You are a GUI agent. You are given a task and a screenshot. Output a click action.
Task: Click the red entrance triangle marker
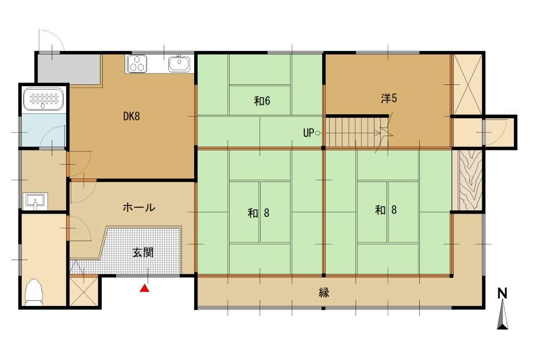click(145, 288)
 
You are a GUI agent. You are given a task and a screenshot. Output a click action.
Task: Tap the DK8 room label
click(132, 117)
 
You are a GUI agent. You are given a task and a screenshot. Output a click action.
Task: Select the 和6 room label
click(262, 100)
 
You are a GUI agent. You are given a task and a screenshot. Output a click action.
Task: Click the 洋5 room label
click(389, 98)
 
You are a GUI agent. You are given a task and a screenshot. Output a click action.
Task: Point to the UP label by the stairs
click(308, 133)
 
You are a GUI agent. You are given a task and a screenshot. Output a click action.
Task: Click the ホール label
click(139, 207)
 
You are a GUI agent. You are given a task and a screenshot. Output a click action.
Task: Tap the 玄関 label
click(143, 253)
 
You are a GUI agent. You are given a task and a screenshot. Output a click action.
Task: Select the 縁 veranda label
click(324, 292)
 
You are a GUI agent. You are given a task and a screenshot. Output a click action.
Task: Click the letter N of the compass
click(502, 293)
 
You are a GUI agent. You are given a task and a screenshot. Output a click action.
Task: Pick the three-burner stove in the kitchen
click(137, 64)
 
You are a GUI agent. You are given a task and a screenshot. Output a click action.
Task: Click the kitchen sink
click(179, 64)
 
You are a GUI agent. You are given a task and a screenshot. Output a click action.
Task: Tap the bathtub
click(44, 99)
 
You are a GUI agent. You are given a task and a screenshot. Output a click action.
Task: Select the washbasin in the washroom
click(35, 201)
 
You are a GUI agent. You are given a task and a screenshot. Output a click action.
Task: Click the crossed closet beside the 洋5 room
click(468, 84)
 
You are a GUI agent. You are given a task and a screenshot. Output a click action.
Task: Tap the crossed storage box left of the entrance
click(84, 291)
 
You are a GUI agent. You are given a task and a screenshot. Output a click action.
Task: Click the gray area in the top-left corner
click(68, 68)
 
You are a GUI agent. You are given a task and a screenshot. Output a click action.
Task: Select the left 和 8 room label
click(258, 214)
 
